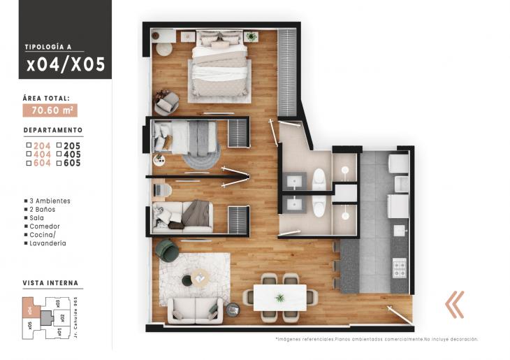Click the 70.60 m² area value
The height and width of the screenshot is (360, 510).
tap(50, 110)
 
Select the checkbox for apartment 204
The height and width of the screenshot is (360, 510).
tap(27, 145)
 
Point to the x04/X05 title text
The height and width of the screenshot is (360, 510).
tap(66, 65)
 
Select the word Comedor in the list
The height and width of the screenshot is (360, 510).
tap(45, 226)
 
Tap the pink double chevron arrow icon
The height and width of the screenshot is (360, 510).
tap(456, 304)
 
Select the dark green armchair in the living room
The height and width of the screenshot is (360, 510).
tap(167, 248)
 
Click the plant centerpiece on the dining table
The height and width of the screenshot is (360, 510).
tap(279, 298)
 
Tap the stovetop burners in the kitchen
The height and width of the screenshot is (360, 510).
tap(400, 266)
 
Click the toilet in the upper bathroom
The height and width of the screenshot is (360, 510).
tap(319, 178)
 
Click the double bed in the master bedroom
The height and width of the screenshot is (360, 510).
tap(219, 66)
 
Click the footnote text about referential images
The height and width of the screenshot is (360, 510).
tap(377, 339)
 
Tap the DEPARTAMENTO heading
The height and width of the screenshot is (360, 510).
tap(53, 130)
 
